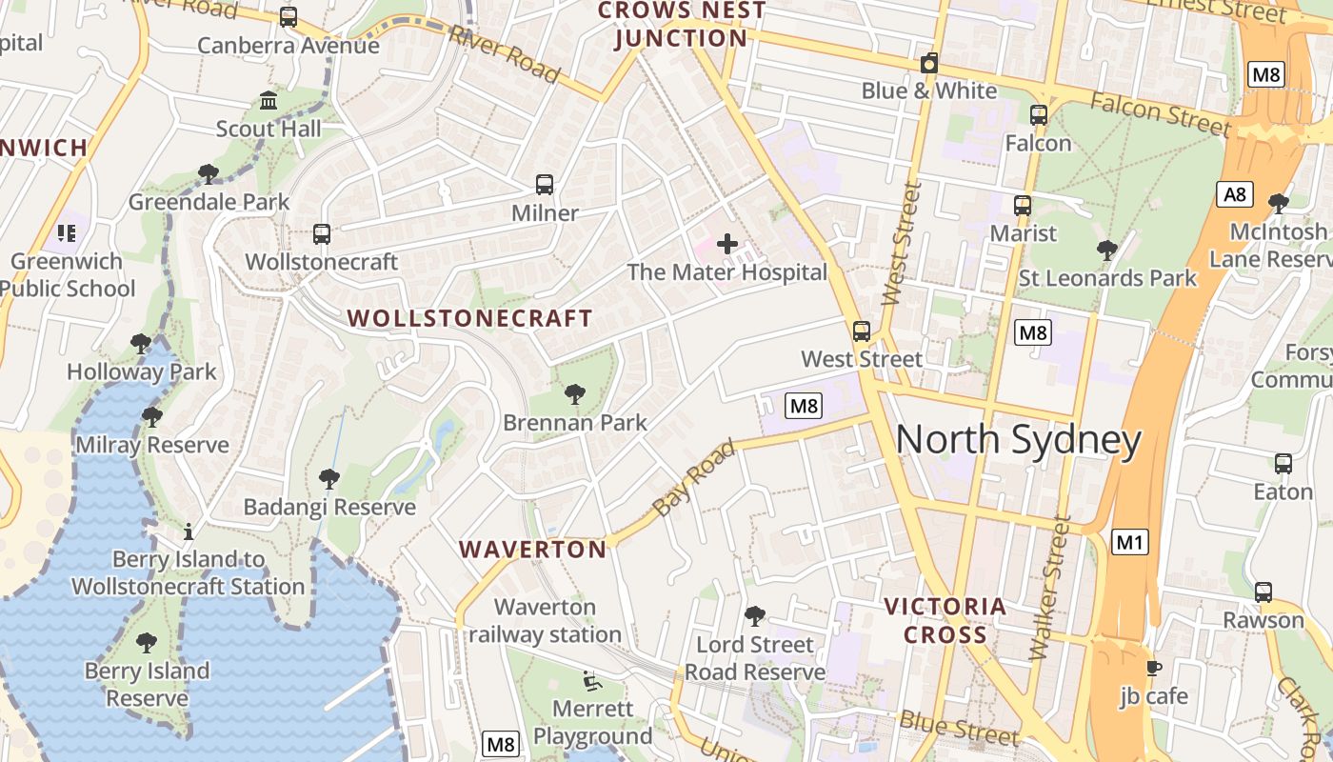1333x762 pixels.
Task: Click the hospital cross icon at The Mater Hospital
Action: coord(727,244)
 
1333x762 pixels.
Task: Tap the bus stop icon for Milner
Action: coord(545,185)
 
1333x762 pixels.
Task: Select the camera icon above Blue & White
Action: coord(929,64)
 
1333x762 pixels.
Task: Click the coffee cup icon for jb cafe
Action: coord(1154,668)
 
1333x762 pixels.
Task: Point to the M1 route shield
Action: coord(1129,543)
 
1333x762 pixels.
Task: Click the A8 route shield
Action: coord(1234,195)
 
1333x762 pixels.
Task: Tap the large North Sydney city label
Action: coord(1018,440)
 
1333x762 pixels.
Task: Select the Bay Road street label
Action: coord(695,478)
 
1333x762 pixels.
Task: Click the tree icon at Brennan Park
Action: coord(574,393)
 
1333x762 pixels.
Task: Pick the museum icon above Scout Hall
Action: coord(269,100)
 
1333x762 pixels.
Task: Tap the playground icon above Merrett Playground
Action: coord(591,681)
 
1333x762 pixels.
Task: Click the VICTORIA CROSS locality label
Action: coord(945,620)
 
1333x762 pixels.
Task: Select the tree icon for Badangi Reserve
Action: coord(329,478)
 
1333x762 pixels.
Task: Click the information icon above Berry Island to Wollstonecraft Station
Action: coord(189,531)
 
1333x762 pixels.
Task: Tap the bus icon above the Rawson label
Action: coord(1263,592)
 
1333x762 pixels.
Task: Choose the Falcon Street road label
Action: coord(1160,113)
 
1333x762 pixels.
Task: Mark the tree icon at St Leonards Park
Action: coord(1106,251)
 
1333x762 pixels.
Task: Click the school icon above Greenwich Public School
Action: coord(66,232)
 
